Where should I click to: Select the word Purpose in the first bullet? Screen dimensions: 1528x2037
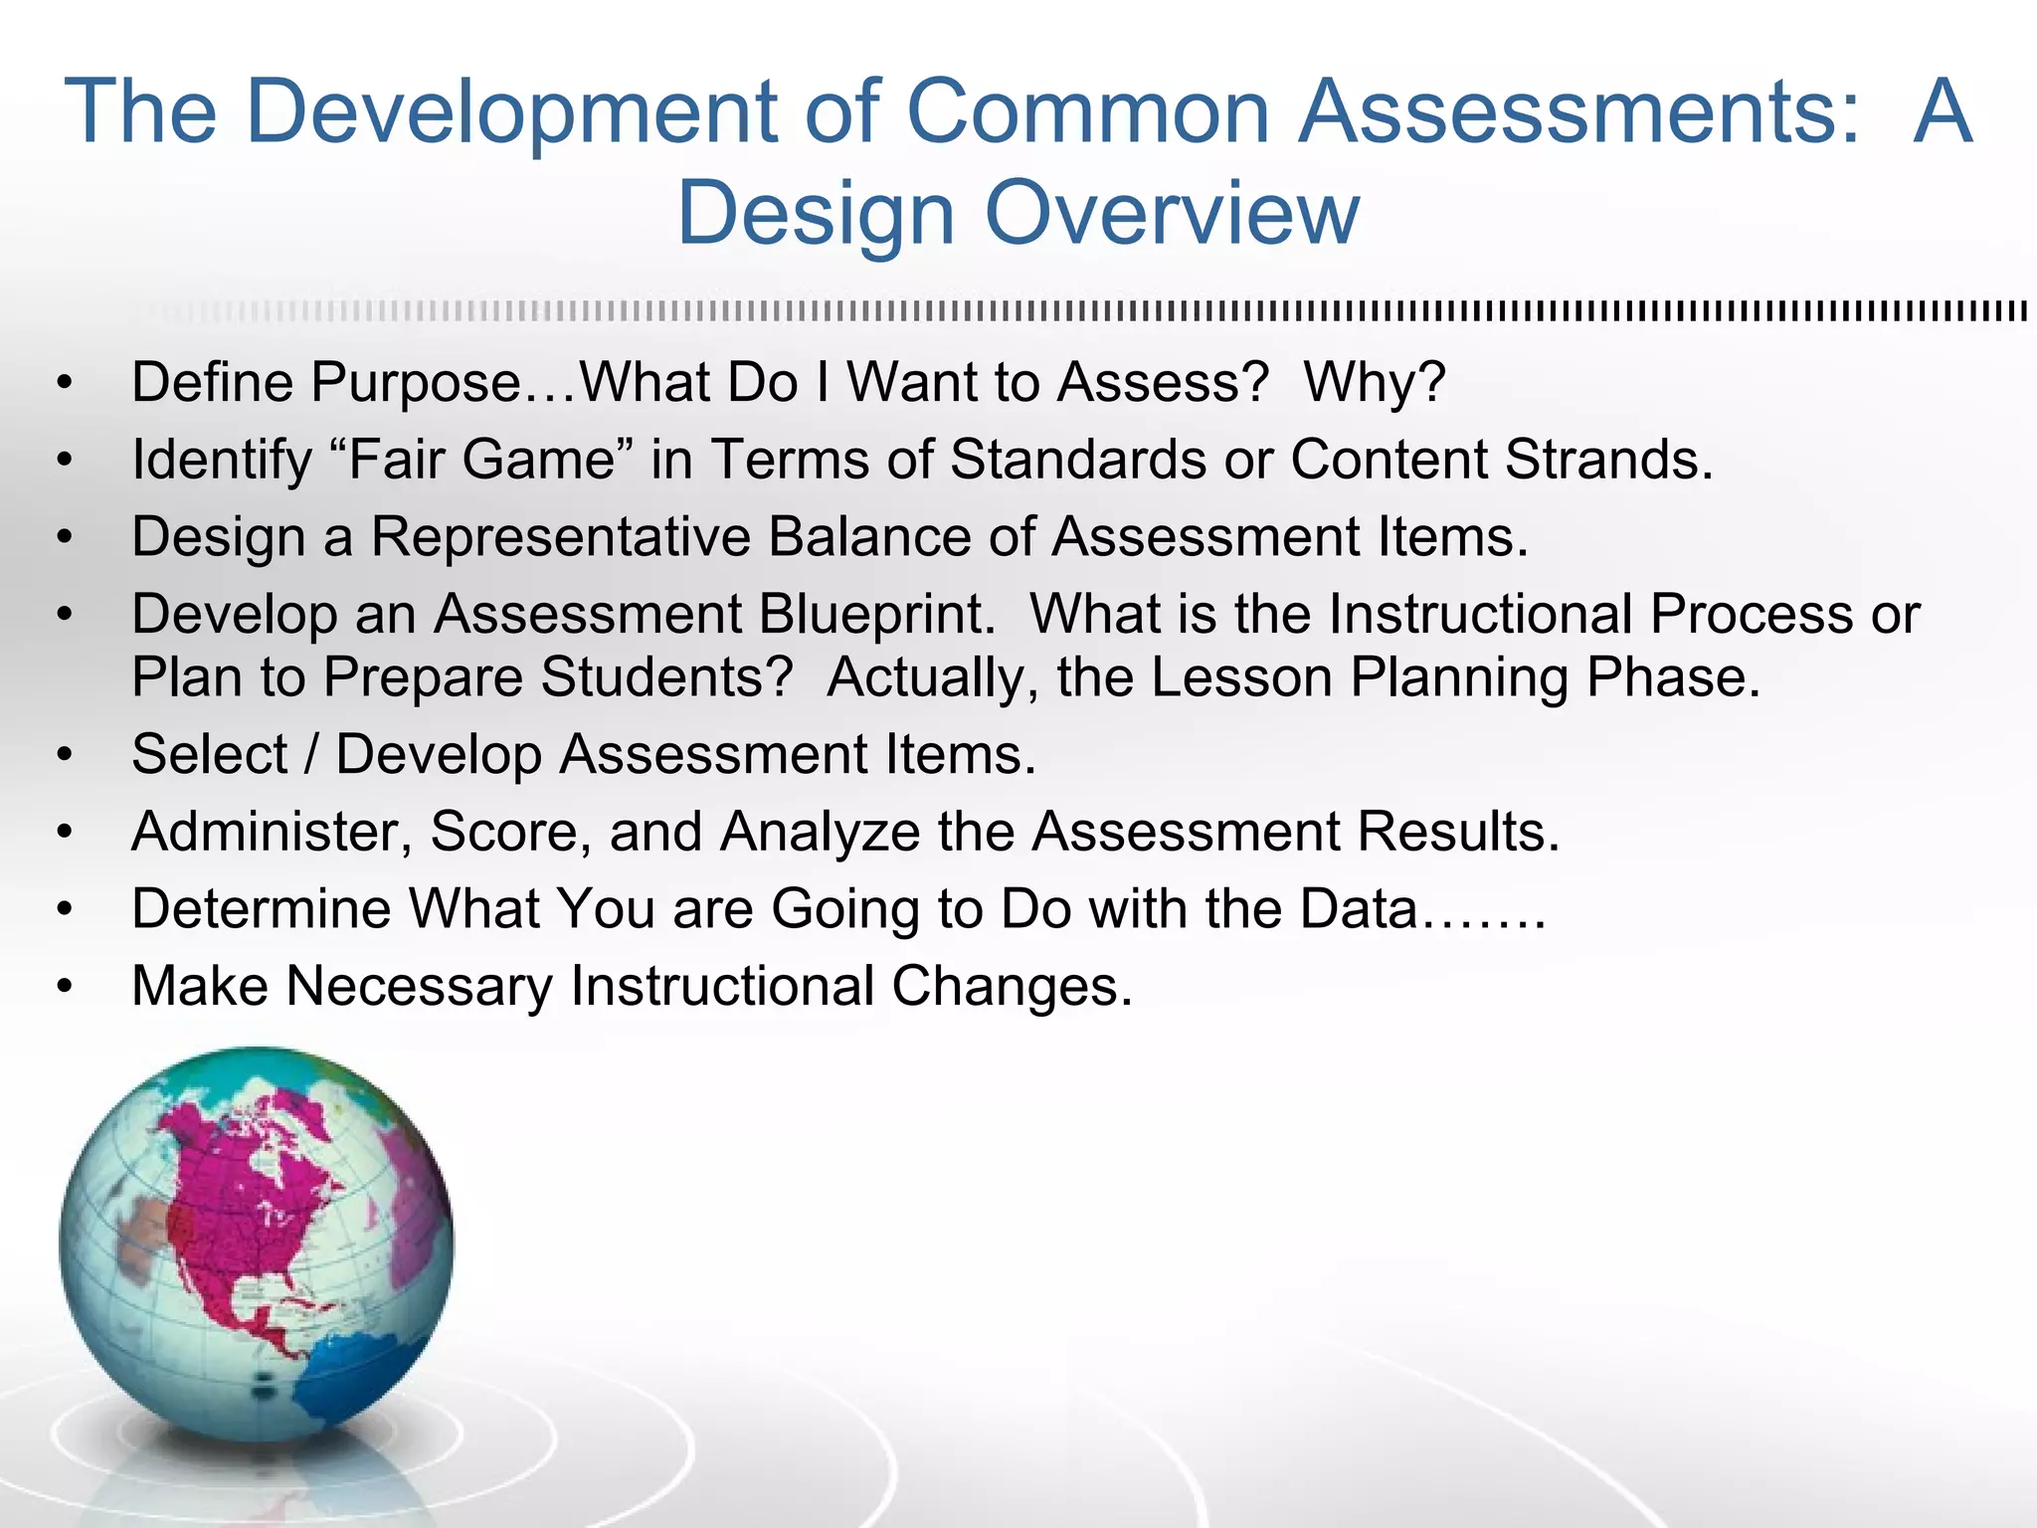click(416, 383)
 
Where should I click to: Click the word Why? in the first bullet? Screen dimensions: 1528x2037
click(1375, 383)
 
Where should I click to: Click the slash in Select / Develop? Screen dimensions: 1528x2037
click(312, 754)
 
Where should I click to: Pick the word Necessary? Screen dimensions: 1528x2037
click(419, 987)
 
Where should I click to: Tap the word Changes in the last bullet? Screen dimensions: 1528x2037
click(1012, 987)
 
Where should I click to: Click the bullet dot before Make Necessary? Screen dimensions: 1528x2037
click(66, 987)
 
